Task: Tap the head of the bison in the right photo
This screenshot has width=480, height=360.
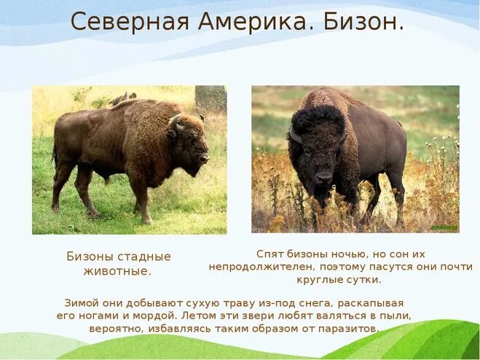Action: coord(317,146)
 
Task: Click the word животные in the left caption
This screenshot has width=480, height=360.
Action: coord(118,271)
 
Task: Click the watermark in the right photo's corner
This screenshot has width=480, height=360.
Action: coord(444,227)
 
